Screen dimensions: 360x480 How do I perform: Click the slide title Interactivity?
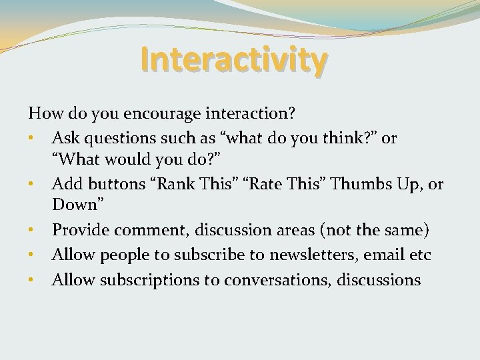(x=233, y=60)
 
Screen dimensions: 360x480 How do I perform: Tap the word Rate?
(x=265, y=184)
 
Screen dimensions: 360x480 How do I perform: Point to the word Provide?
(x=81, y=231)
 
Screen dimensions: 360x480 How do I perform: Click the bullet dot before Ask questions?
(x=31, y=139)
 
